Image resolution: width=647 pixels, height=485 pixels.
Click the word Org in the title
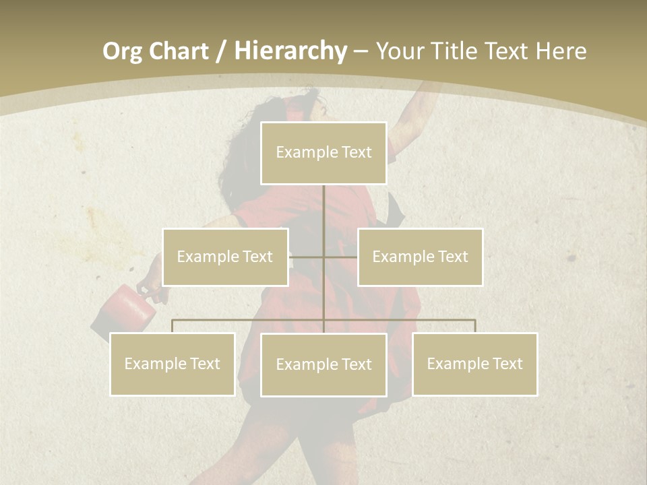(123, 51)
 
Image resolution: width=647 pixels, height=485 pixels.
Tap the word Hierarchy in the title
(290, 51)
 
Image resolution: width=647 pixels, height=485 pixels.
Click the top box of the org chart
(323, 153)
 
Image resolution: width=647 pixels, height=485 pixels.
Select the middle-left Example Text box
(225, 257)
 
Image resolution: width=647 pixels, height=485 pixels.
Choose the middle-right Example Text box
(420, 257)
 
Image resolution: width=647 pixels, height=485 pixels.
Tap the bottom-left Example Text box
(172, 364)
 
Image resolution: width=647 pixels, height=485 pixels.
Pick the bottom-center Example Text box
(323, 364)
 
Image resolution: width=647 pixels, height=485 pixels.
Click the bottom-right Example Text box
(474, 364)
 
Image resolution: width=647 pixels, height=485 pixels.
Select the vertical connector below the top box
(323, 209)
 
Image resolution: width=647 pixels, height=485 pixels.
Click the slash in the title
(221, 51)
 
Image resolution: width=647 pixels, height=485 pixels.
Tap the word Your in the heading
(401, 51)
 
